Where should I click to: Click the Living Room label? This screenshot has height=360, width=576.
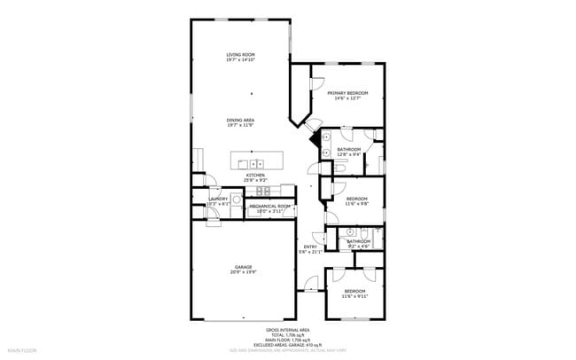[x=241, y=55]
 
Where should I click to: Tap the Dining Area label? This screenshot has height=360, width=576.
[x=241, y=120]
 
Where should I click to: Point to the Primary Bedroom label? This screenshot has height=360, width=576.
[x=347, y=93]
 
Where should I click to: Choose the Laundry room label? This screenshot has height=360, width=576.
[x=218, y=199]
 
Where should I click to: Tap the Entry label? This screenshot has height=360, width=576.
[x=310, y=247]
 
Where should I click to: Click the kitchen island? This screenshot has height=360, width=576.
[x=257, y=162]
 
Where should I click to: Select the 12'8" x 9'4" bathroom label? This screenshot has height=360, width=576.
[x=348, y=149]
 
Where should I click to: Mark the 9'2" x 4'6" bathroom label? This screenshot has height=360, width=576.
[x=358, y=241]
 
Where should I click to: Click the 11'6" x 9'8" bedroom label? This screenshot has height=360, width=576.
[x=356, y=199]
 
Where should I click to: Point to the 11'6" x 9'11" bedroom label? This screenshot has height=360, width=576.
[x=354, y=292]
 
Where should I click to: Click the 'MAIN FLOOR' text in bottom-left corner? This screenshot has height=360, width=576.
[x=22, y=350]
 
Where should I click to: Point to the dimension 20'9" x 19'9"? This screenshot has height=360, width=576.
[x=244, y=272]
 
